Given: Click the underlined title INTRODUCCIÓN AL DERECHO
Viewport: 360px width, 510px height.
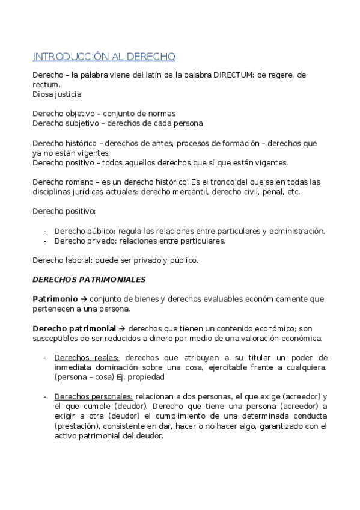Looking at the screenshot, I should click(x=103, y=57).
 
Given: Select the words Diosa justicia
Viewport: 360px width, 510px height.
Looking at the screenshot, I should click(x=57, y=94).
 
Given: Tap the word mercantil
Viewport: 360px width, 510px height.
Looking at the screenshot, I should click(x=196, y=192).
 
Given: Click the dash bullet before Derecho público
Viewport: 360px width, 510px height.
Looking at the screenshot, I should click(x=46, y=231).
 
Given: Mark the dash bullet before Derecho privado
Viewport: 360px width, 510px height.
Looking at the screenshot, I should click(x=46, y=241).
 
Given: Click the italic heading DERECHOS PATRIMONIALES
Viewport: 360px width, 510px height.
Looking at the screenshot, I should click(x=88, y=279).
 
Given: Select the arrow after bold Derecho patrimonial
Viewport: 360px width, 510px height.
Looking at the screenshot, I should click(x=121, y=328).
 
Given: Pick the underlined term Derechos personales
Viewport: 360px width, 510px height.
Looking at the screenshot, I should click(x=93, y=396).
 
